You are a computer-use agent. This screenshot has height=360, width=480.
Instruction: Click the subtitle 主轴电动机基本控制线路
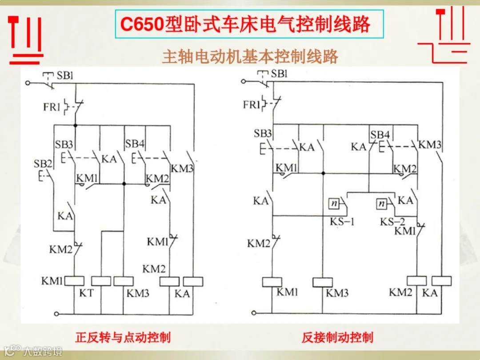250,56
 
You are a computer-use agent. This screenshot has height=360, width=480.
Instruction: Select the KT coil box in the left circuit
101,281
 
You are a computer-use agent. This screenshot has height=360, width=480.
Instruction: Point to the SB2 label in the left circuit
43,164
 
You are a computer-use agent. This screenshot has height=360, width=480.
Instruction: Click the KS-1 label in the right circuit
342,221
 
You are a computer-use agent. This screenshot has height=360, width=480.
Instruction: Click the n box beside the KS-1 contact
334,204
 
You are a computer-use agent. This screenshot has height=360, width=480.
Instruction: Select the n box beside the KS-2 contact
382,204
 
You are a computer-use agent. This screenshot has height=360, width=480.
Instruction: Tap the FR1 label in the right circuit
251,105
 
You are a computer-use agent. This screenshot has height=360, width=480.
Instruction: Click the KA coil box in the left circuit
193,281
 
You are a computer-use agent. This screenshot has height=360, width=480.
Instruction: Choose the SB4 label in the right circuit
380,134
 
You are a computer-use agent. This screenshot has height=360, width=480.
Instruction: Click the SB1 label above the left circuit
65,76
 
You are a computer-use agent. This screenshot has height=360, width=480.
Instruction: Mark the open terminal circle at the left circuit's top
28,83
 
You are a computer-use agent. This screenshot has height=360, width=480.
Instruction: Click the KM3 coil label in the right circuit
337,293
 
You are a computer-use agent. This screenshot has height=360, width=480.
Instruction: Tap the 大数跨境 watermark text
43,351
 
